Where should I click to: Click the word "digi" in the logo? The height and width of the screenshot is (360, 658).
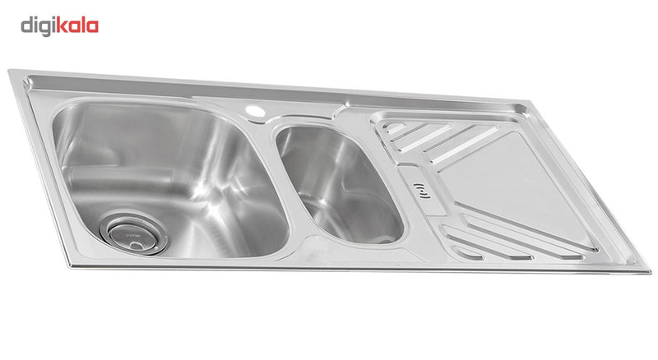(x=38, y=27)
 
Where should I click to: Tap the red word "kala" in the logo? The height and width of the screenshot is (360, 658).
(x=77, y=25)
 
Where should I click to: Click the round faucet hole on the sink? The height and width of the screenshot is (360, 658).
(x=255, y=111)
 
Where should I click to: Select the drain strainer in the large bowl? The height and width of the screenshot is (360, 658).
(x=134, y=233)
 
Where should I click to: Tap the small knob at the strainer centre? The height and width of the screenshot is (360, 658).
(x=136, y=246)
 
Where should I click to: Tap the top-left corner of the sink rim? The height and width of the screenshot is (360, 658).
(x=9, y=71)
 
